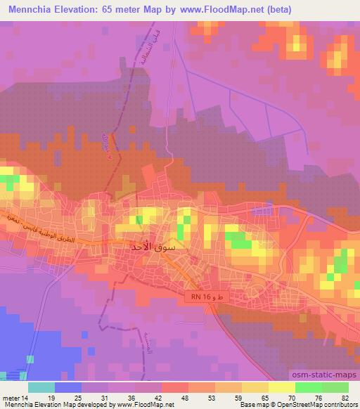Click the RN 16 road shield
click(199, 297)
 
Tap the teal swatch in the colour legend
click(41, 387)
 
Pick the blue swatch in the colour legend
click(68, 387)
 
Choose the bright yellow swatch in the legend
click(282, 387)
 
